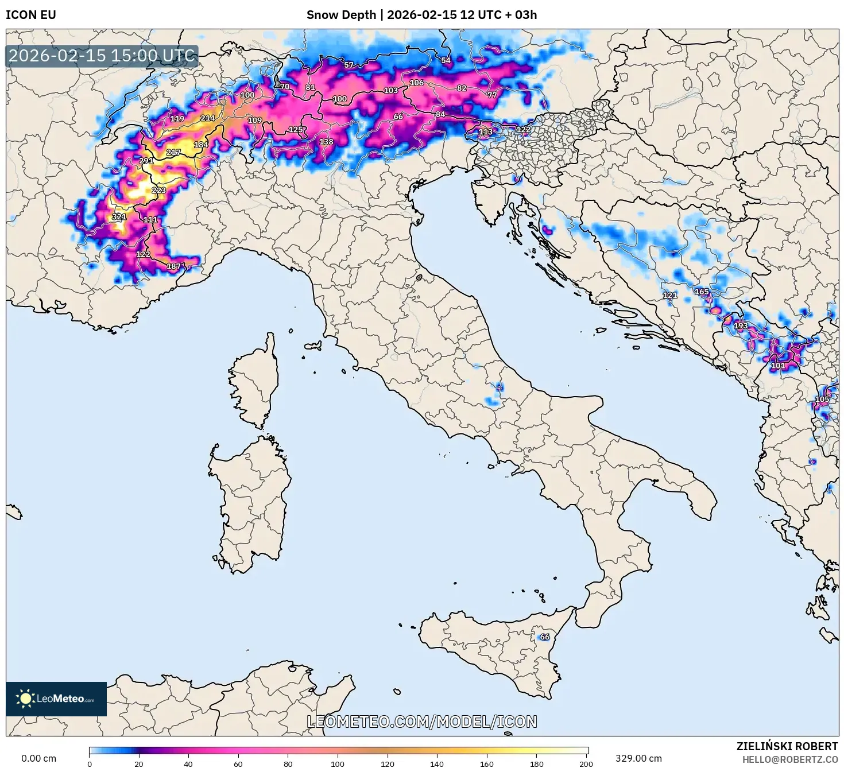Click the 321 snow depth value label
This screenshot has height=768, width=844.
pos(119,217)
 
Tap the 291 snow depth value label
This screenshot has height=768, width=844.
pos(146,161)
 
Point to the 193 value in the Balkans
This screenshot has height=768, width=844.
pos(741,325)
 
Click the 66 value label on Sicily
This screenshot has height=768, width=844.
pos(544,637)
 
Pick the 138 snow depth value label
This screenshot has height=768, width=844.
pos(326,142)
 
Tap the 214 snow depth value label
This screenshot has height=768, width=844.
pos(207,118)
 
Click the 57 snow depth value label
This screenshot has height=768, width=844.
pos(349,65)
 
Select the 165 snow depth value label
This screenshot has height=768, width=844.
pos(702,292)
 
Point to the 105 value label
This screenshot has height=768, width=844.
pos(822,399)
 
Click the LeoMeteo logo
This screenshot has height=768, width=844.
pos(56,699)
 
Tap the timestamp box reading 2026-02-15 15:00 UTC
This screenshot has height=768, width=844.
pos(102,56)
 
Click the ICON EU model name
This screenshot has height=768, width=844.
pos(31,15)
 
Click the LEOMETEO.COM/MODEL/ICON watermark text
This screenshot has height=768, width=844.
pos(422,722)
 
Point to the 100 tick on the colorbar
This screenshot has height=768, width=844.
pos(338,763)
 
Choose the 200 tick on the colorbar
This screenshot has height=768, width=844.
pos(586,763)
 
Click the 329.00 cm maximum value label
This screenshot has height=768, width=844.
pos(638,758)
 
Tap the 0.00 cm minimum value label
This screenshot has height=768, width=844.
pos(39,758)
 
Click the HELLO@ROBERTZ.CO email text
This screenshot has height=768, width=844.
pos(789,759)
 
